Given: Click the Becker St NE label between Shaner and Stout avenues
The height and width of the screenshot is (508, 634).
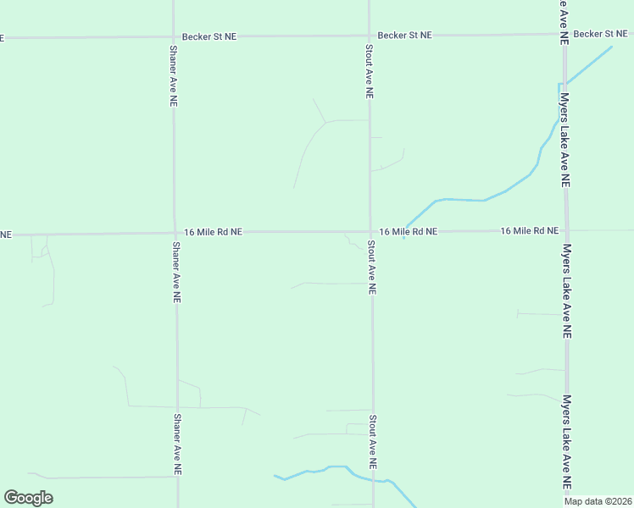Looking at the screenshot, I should click(x=209, y=37).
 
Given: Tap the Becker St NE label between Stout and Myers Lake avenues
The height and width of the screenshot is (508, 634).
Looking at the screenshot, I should click(x=404, y=36).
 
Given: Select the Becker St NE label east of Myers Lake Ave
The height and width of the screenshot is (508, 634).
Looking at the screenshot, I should click(x=599, y=34).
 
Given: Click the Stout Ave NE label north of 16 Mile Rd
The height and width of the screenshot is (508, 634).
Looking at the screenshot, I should click(x=369, y=73).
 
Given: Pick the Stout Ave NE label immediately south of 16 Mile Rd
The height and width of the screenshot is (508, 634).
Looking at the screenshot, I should click(x=371, y=267).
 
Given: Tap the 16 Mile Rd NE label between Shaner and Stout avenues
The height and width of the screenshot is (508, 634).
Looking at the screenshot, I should click(x=213, y=231).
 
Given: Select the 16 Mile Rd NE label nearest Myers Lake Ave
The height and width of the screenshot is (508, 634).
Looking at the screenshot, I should click(x=529, y=230).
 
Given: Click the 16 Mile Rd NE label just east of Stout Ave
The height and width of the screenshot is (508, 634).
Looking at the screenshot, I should click(x=408, y=231).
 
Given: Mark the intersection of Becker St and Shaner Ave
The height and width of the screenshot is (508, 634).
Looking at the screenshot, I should click(x=173, y=37).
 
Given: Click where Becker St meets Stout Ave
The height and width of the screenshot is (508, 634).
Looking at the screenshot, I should click(x=369, y=36).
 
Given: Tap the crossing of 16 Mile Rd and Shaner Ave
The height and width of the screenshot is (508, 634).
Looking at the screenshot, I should click(x=175, y=232).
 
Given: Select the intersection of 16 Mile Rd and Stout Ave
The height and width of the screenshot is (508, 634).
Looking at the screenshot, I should click(x=370, y=231).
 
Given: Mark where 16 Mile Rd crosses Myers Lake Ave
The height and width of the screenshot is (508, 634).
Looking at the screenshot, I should click(x=565, y=229).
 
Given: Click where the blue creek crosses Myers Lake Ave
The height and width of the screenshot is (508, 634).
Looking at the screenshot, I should click(x=560, y=86).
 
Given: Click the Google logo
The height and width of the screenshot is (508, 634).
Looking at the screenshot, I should click(x=29, y=498).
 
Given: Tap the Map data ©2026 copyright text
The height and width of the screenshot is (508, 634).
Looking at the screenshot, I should click(x=598, y=501).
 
